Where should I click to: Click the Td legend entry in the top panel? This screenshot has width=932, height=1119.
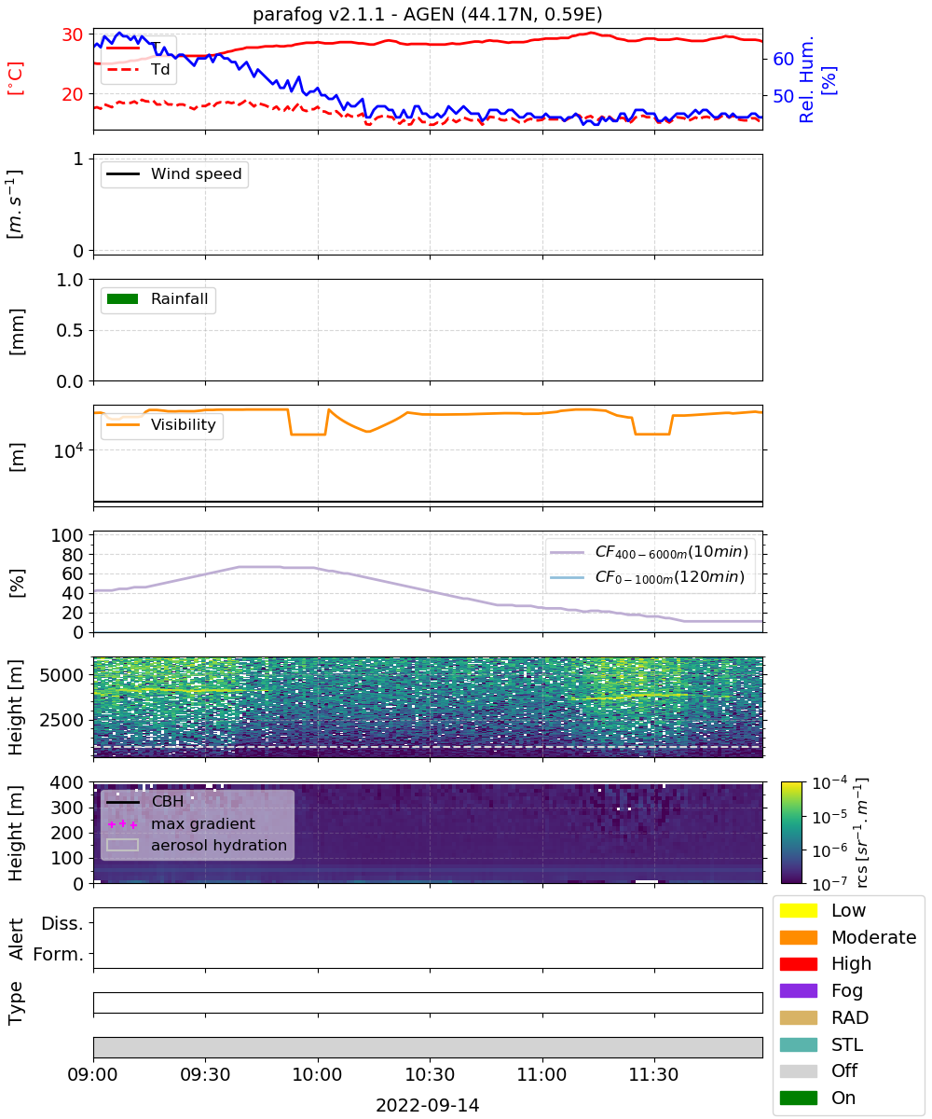click(x=138, y=69)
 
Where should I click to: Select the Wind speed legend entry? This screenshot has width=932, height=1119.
click(x=174, y=173)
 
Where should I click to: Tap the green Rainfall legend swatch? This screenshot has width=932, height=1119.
click(x=123, y=299)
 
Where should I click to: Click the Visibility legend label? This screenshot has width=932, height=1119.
click(x=184, y=424)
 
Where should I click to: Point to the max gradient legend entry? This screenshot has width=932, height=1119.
click(x=181, y=823)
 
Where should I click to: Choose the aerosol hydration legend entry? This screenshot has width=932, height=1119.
click(x=197, y=845)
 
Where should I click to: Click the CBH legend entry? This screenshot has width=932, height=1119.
click(x=145, y=801)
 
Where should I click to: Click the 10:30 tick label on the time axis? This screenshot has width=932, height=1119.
click(x=430, y=1074)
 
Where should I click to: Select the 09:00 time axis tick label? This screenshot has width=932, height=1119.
click(x=92, y=1074)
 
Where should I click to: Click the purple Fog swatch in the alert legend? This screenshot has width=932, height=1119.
click(x=799, y=990)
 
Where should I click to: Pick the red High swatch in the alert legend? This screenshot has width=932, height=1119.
click(x=799, y=963)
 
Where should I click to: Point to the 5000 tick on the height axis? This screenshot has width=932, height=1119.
click(x=62, y=675)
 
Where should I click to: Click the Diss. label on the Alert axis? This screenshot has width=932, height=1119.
click(x=62, y=923)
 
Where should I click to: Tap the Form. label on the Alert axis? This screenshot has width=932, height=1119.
click(x=59, y=955)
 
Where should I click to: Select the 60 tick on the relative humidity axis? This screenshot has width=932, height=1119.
click(x=783, y=59)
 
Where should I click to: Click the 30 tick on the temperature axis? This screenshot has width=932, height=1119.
click(x=73, y=35)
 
